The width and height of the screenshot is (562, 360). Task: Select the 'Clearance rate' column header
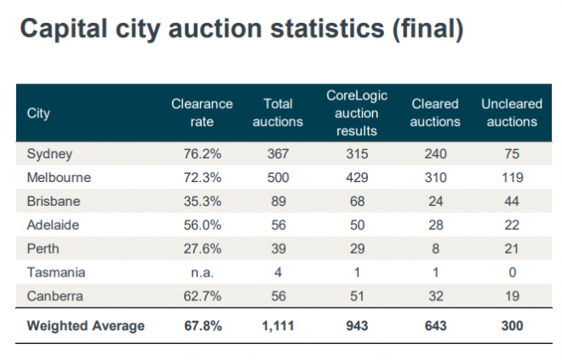(202, 112)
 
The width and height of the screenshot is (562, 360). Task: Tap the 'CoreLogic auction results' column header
(357, 112)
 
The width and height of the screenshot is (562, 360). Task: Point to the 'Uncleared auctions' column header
(511, 112)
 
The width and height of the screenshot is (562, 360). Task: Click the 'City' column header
(38, 112)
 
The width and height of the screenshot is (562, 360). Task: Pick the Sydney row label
(49, 154)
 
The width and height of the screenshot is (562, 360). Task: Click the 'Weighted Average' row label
(85, 325)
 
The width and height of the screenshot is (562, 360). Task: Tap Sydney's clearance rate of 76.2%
(202, 154)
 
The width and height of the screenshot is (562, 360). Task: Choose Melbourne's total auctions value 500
(278, 178)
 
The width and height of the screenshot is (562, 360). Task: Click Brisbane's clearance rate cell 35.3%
(202, 202)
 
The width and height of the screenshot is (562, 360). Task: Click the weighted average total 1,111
(278, 325)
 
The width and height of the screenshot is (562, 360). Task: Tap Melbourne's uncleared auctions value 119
(511, 178)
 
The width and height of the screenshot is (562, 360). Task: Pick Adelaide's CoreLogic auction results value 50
(357, 226)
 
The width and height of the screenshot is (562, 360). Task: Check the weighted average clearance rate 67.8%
(202, 325)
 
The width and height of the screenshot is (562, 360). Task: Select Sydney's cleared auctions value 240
(436, 154)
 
